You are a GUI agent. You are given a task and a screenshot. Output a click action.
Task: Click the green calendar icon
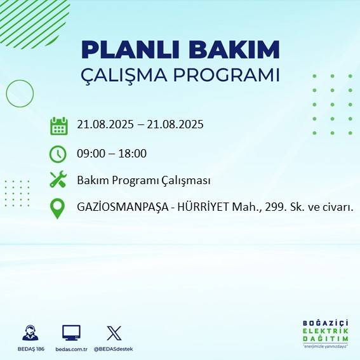click(58, 126)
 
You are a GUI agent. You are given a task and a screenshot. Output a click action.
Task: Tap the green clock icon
click(58, 154)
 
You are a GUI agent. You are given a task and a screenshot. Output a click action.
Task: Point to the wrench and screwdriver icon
click(58, 180)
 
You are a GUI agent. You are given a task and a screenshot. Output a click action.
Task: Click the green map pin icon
click(58, 208)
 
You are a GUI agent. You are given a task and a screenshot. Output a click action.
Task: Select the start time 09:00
click(90, 153)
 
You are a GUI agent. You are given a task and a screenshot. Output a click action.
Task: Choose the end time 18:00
click(133, 153)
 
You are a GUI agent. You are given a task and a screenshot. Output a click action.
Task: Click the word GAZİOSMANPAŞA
click(119, 207)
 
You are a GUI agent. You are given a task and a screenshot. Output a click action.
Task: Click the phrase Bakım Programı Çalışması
click(143, 180)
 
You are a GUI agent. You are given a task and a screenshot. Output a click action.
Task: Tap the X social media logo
click(114, 332)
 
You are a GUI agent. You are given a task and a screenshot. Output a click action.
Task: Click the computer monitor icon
click(71, 332)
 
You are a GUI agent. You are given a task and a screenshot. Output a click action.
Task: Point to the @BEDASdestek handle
click(115, 349)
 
